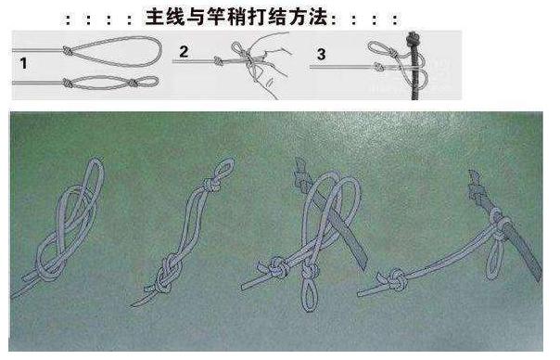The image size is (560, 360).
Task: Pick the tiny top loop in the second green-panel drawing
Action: tap(216, 175)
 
